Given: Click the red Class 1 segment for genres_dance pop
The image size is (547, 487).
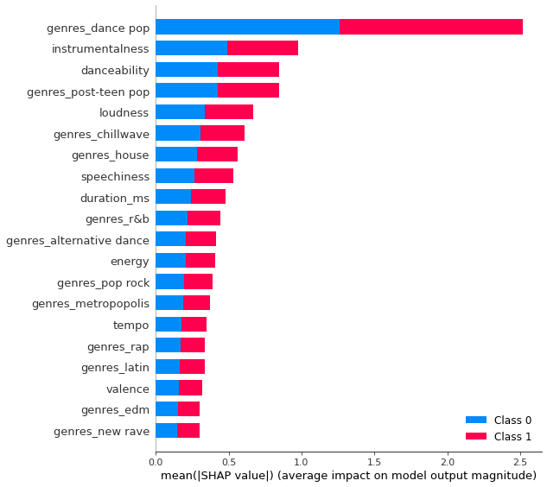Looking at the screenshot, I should pos(431,28).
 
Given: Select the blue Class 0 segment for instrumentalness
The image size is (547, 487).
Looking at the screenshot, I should pos(191,48).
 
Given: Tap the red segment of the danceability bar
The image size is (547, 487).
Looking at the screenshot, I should pos(248,70).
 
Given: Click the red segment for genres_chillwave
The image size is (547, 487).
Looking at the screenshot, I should pos(222,134).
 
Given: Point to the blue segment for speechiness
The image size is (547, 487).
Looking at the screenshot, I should pos(175,176).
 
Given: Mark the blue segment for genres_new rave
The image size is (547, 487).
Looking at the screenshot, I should pos(166,430).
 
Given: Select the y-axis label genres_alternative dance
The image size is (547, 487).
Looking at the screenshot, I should pos(78,240).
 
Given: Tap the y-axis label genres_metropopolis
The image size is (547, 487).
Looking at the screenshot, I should pos(90,303).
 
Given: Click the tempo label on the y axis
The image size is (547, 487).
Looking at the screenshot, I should pos(130,325).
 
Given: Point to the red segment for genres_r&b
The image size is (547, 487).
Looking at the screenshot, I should pos(204,218).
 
